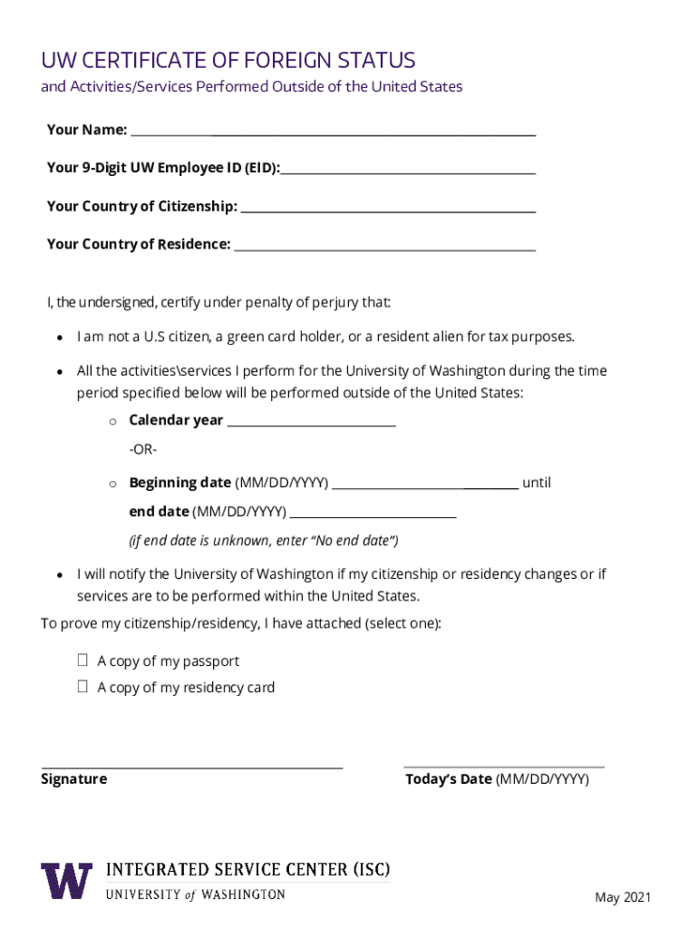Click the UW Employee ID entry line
coord(408,170)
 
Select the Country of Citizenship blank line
coord(388,208)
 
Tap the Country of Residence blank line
coord(384,246)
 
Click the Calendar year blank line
coord(311,422)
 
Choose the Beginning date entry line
coord(425,484)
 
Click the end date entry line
coord(373,513)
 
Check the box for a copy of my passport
coord(82,660)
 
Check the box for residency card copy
coord(82,687)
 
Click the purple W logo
coord(66,880)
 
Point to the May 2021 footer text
coord(623,897)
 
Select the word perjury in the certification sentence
coord(340,302)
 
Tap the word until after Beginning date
coord(536,483)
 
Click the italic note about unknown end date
coord(264,541)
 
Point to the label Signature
coord(73,779)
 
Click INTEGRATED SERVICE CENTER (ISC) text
coord(248,871)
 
